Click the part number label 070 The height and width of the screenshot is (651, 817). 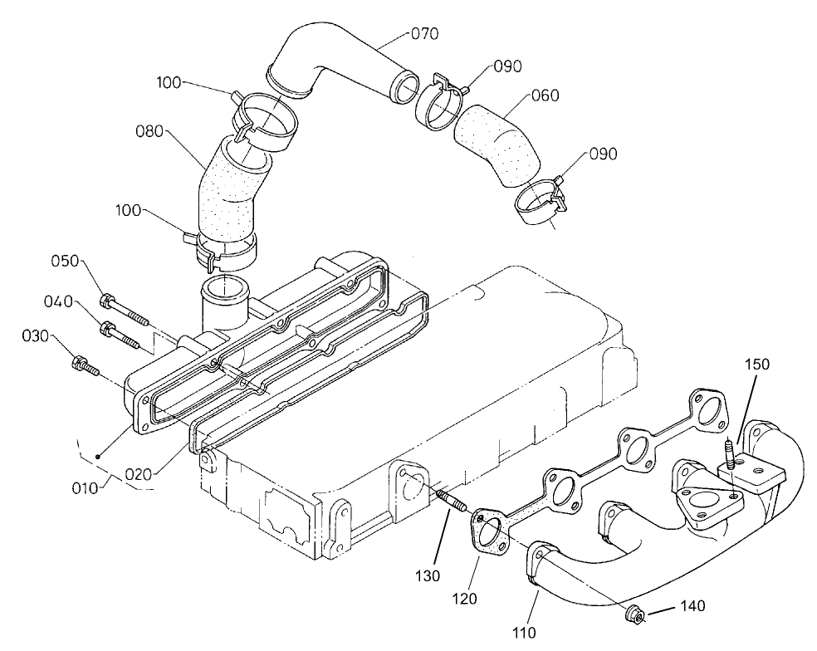(424, 34)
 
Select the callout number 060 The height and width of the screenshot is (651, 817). (545, 96)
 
